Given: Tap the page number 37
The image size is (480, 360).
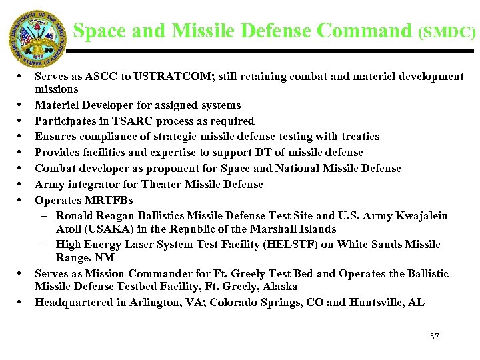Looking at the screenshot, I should click(x=435, y=336).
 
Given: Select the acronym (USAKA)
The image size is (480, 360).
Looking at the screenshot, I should click(x=109, y=229).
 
